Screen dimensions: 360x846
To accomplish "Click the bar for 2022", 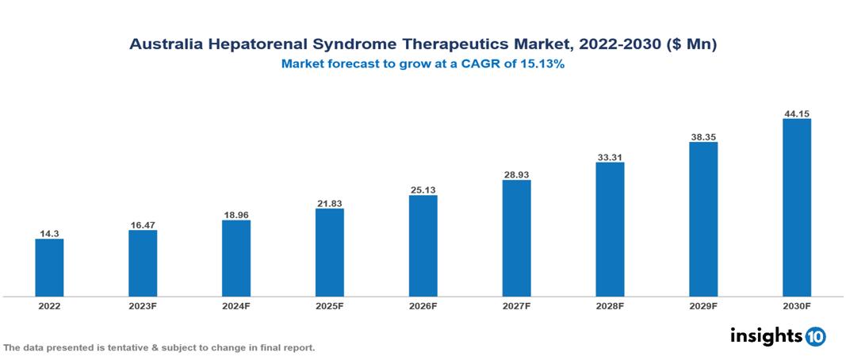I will pyautogui.click(x=49, y=268).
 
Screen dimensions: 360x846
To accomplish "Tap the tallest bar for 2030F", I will pyautogui.click(x=796, y=208).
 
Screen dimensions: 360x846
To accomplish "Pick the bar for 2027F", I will pyautogui.click(x=516, y=238).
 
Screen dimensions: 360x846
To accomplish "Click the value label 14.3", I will pyautogui.click(x=49, y=233).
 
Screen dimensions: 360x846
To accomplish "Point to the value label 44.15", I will pyautogui.click(x=796, y=113).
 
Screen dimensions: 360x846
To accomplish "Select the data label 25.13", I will pyautogui.click(x=423, y=190).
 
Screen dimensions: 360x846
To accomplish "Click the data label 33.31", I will pyautogui.click(x=610, y=156).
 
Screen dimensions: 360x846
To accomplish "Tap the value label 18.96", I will pyautogui.click(x=236, y=214).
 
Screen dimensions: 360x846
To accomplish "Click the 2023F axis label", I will pyautogui.click(x=143, y=306).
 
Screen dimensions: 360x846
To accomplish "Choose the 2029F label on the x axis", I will pyautogui.click(x=703, y=306).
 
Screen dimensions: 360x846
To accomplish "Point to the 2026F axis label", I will pyautogui.click(x=423, y=306).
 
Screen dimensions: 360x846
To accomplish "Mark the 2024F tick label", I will pyautogui.click(x=236, y=306).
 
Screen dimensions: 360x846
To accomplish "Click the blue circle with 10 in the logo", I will pyautogui.click(x=815, y=336).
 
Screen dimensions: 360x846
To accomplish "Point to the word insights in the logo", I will pyautogui.click(x=766, y=335).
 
